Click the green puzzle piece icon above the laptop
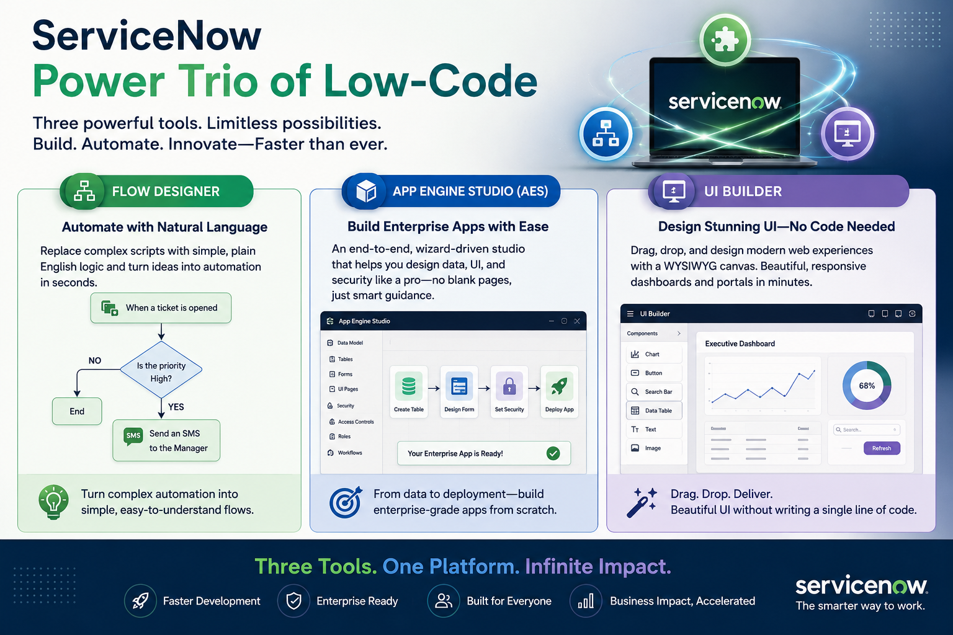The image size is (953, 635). point(725,40)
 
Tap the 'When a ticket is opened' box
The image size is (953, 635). point(161,308)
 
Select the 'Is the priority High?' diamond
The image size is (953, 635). point(161,370)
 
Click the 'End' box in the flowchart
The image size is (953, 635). point(77,411)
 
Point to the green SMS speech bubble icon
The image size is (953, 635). point(133,436)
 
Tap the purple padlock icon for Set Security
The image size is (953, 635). point(509,386)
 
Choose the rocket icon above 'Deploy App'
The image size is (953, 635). point(559,386)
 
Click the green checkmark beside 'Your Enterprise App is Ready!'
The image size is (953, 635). point(553,453)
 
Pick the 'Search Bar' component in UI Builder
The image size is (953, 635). point(654,392)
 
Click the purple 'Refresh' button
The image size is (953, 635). point(882,448)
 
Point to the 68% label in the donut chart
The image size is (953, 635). point(867,386)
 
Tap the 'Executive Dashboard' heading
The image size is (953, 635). point(740,344)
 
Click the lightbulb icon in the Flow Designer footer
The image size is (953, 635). point(53,502)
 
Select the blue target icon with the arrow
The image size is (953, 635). point(346,502)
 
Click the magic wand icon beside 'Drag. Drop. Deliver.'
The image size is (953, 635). point(642,503)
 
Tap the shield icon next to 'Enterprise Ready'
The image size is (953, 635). point(293,601)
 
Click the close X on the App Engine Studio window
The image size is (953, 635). point(577,321)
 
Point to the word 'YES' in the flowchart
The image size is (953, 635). point(176,407)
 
